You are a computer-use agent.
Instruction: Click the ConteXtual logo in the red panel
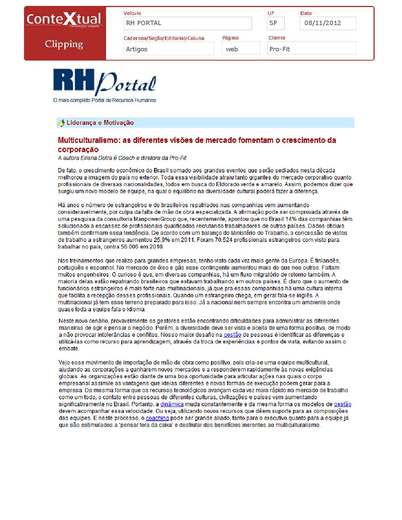(64, 19)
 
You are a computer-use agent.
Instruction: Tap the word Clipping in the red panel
(64, 44)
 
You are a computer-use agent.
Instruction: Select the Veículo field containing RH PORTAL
(187, 23)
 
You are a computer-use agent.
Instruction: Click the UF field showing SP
(276, 23)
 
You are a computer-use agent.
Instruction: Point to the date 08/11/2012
(328, 23)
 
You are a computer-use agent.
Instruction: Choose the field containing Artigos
(168, 49)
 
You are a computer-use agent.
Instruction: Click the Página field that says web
(241, 49)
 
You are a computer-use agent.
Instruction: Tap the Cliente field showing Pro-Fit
(311, 49)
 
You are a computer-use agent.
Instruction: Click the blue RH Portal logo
(105, 82)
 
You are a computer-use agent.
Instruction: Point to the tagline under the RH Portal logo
(105, 100)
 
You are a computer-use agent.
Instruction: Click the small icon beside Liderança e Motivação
(61, 123)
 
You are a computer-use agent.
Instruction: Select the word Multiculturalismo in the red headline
(89, 140)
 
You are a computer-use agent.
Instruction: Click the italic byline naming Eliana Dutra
(122, 158)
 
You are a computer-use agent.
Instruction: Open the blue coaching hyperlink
(157, 418)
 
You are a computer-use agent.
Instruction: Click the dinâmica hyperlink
(172, 404)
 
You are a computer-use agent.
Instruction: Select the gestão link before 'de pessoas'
(232, 335)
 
